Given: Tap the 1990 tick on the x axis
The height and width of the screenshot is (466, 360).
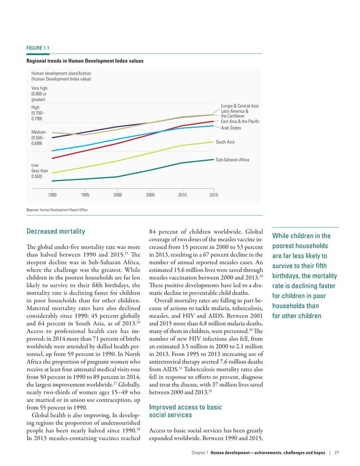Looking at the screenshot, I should (52, 195).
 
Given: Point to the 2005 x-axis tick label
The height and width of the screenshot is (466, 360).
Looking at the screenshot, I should (150, 195).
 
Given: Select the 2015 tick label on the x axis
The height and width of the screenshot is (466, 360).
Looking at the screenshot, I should (214, 195).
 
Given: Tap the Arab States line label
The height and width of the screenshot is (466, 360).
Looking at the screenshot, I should (231, 128).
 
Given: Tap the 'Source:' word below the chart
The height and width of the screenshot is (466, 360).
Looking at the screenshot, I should (32, 210).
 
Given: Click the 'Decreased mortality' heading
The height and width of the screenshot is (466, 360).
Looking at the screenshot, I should (56, 231).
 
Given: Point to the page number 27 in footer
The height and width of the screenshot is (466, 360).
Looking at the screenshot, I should (336, 452).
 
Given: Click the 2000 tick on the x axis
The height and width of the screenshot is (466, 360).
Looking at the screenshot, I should (117, 195).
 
